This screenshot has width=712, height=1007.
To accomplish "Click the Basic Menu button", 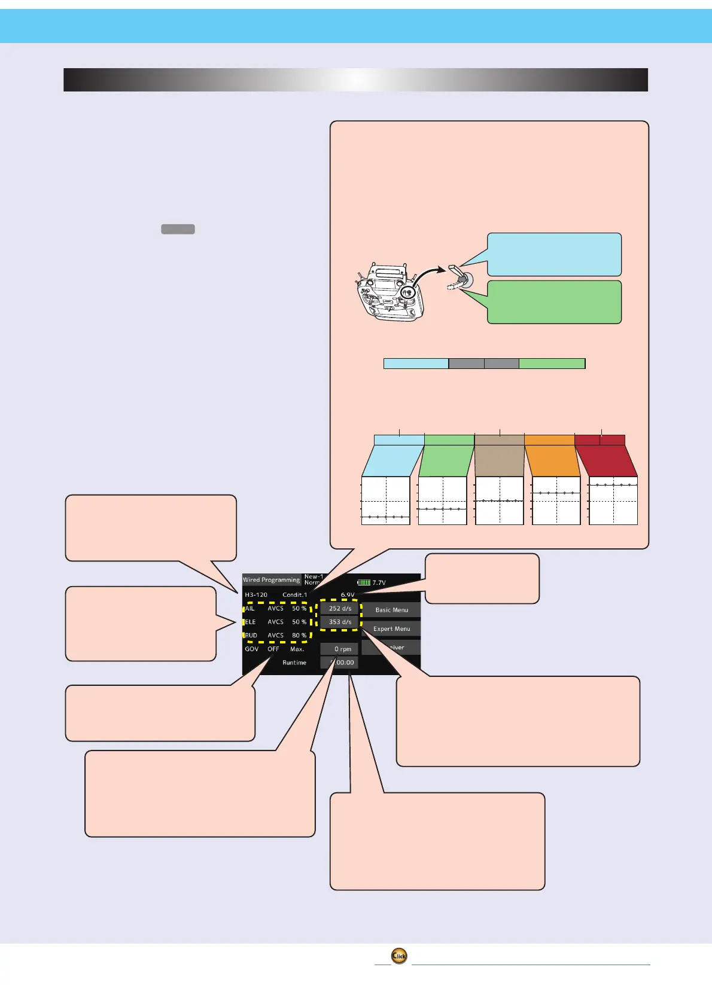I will (x=391, y=610).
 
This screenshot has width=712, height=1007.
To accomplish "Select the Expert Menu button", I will (x=391, y=628).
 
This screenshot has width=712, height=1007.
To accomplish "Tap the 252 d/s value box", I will (x=340, y=608).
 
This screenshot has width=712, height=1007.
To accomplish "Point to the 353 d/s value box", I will (x=340, y=622).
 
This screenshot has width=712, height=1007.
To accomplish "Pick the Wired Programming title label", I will (x=271, y=579).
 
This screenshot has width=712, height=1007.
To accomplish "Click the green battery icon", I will (x=364, y=582).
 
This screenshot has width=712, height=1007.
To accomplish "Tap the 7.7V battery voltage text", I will (x=379, y=582).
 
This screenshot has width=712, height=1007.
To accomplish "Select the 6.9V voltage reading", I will (x=347, y=595).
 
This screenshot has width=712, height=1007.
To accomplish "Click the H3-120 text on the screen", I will (x=256, y=595).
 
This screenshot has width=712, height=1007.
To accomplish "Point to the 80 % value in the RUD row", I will (x=299, y=635).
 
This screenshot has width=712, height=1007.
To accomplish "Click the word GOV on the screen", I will (x=252, y=649).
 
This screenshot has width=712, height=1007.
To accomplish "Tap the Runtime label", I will (x=294, y=663).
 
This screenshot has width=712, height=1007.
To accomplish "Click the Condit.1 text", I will (x=294, y=595).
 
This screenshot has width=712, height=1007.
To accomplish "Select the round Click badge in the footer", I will (x=399, y=956).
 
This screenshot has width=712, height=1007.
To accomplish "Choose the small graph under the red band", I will (x=613, y=501).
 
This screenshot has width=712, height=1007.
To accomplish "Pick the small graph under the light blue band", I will (x=386, y=501).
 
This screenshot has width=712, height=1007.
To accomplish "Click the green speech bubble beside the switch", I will (x=554, y=302).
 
